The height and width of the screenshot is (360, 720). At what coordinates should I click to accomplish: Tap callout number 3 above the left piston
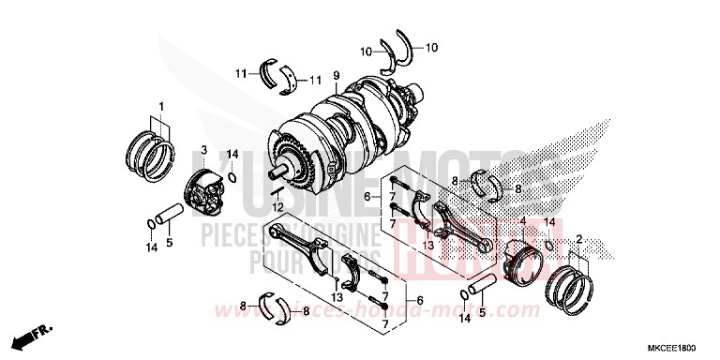tap(202, 150)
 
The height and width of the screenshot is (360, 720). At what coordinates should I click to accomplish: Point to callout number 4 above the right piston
tap(522, 222)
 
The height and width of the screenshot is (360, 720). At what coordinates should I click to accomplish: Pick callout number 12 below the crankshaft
tap(277, 205)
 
